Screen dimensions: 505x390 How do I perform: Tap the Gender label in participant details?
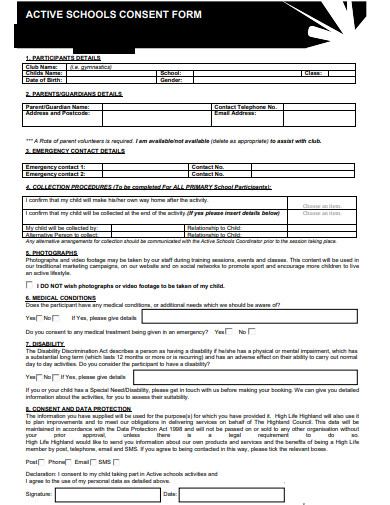(x=170, y=80)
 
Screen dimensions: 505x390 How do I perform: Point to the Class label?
(x=312, y=73)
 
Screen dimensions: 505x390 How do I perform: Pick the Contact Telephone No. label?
(x=245, y=106)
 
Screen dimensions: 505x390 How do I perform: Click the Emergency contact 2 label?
(x=56, y=173)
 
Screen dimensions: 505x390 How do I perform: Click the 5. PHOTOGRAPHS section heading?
(x=52, y=253)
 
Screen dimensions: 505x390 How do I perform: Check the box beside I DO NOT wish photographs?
(x=30, y=286)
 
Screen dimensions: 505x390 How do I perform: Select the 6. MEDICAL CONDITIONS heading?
(x=60, y=298)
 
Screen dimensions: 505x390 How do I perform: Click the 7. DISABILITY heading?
(x=44, y=343)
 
